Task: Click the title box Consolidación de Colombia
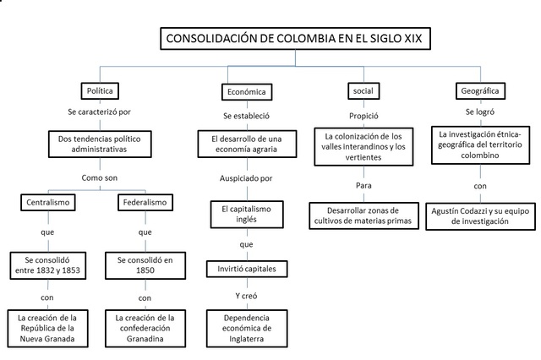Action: pos(298,39)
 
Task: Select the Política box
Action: pos(99,90)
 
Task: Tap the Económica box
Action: pos(246,91)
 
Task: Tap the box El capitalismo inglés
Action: pos(246,212)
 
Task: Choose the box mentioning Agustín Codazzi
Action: pos(479,215)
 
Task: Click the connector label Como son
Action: pos(99,178)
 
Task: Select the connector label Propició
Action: pos(364,116)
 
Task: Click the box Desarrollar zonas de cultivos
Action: pos(363,215)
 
